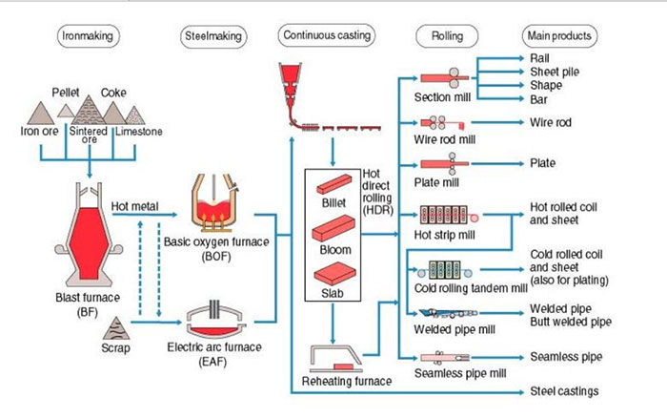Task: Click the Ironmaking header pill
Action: click(88, 36)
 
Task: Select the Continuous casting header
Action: click(327, 35)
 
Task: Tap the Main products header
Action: click(559, 36)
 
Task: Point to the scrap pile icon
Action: click(115, 328)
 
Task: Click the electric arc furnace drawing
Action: click(215, 319)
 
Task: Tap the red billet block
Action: click(333, 184)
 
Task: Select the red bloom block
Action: click(333, 228)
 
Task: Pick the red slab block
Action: click(334, 273)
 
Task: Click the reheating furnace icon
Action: click(335, 358)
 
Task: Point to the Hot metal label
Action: click(134, 207)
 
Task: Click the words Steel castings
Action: click(564, 391)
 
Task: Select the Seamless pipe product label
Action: click(566, 357)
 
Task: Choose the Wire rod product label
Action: click(551, 123)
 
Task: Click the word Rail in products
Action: click(539, 58)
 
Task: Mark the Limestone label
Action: click(139, 132)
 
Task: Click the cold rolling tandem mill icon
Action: click(445, 270)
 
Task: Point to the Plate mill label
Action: click(436, 183)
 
